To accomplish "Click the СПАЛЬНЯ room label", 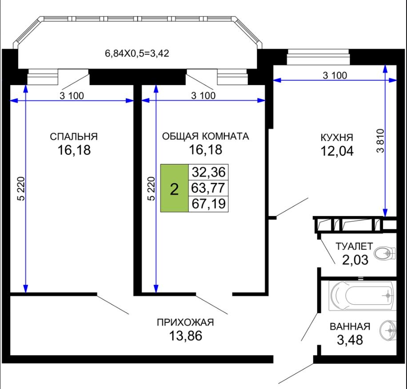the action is coord(74,137).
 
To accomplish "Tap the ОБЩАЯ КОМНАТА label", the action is coord(205,136).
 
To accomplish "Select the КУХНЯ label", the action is coord(337,138).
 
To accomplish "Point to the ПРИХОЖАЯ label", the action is coord(185,322).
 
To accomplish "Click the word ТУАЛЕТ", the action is coord(354,246).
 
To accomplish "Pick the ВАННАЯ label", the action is coord(350,326).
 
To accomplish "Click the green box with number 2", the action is coord(175,188).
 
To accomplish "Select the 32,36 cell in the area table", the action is coord(208,172).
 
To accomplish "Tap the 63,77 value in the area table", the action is coord(208,188).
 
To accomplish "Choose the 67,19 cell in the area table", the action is coord(208,204).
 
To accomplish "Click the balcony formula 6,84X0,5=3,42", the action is coord(137,53).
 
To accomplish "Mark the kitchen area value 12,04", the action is coord(337,151).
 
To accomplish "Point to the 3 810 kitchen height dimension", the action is coord(380,141).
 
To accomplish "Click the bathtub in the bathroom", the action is coord(363,296).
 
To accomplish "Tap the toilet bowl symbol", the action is coord(385,253).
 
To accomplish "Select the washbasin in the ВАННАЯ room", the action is coord(388,330).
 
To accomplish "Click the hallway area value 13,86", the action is coord(185,336).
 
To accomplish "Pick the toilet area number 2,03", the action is coord(355,260).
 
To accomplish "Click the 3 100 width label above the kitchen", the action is coord(335,75).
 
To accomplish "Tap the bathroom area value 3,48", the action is coord(350,340).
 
